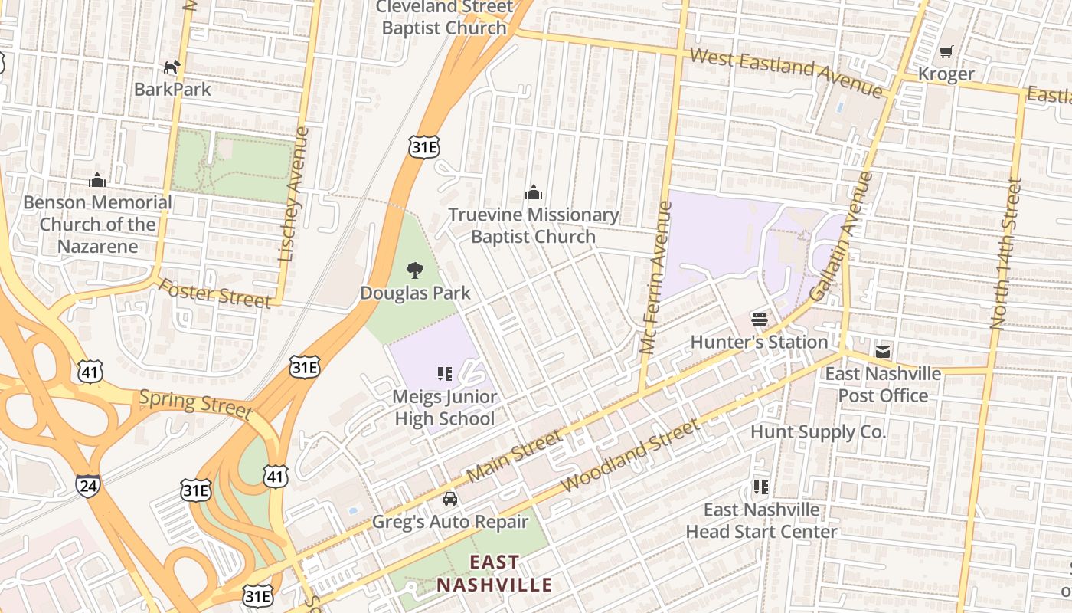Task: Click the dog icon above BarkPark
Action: coord(172,67)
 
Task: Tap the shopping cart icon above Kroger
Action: coord(946,52)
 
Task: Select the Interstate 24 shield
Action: coord(87,484)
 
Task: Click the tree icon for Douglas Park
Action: coord(415,270)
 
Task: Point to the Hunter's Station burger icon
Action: coord(760,319)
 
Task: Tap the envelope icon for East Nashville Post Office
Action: coord(883,352)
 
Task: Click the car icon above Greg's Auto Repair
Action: coord(450,499)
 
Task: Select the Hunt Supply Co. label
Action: coord(818,431)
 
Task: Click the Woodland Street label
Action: coord(630,456)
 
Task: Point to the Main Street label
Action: coord(514,457)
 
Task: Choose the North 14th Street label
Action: coord(1005,254)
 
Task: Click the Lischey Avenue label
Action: coord(294,195)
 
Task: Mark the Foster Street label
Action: coord(215,293)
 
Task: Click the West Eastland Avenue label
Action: coord(786,72)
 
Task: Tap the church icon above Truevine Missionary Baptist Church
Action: coord(534,192)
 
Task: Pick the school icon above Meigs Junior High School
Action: coord(445,374)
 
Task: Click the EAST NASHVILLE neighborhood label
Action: coord(494,574)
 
